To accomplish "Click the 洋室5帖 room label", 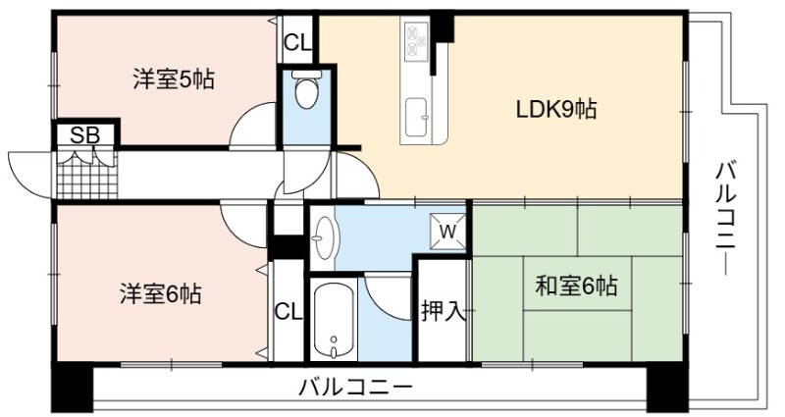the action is click(174, 79).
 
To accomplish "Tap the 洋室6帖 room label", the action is click(160, 293).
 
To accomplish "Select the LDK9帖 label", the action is click(555, 109).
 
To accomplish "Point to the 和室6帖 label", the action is click(576, 286).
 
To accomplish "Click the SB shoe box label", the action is click(85, 135).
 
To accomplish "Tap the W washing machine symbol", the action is click(448, 232).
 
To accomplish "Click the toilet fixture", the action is click(305, 90).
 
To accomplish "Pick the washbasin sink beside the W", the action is click(326, 237).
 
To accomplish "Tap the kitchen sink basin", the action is click(416, 117).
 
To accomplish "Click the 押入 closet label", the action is click(444, 312).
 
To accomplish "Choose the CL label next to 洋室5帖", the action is click(298, 43).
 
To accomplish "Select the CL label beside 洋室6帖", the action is click(288, 312).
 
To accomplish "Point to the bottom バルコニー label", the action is click(355, 387).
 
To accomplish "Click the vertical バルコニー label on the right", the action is click(725, 219).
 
